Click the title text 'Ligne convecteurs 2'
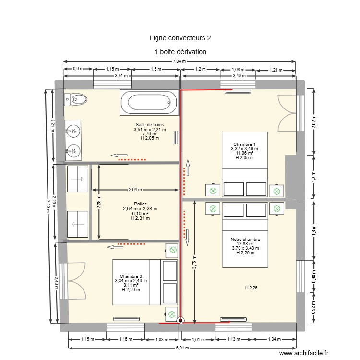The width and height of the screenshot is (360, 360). click(180, 38)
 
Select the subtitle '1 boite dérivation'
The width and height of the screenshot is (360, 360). click(180, 52)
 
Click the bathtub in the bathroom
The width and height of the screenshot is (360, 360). click(149, 102)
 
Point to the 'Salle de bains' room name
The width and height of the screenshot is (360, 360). click(149, 125)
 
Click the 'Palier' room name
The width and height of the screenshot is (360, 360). click(140, 204)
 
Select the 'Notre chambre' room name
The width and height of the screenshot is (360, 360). click(245, 239)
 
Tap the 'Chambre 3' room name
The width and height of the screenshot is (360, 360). click(131, 276)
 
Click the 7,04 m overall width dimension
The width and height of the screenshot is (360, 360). click(180, 61)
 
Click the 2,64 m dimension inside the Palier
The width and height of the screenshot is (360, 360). click(135, 189)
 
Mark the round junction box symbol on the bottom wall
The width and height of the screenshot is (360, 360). click(180, 322)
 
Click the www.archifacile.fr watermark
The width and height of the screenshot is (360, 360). click(304, 353)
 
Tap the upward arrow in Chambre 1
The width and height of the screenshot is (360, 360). click(187, 168)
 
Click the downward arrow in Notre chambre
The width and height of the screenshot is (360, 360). click(187, 235)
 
